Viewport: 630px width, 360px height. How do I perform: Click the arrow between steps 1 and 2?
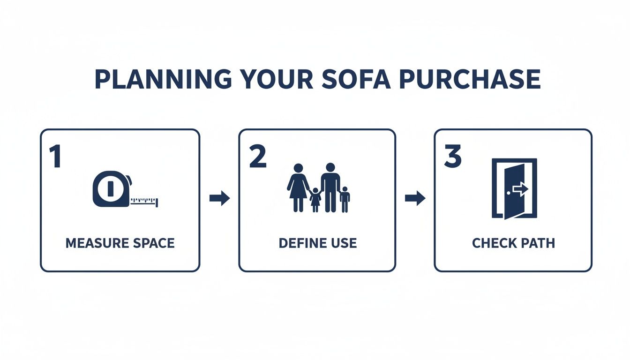(219, 198)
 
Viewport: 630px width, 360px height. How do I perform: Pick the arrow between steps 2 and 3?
(415, 198)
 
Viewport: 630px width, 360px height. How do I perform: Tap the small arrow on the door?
(520, 188)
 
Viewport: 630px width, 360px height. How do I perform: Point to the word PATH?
(539, 243)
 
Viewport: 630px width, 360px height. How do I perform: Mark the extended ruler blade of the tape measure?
(144, 202)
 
